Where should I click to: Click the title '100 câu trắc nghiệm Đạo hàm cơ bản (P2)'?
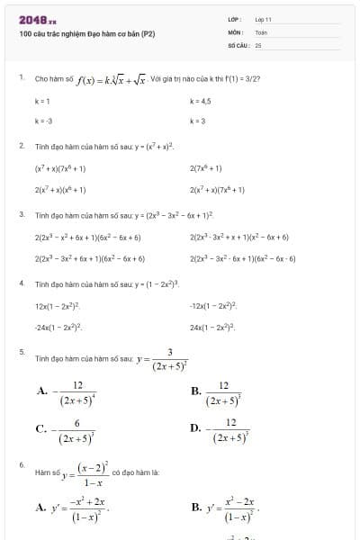[x=86, y=34]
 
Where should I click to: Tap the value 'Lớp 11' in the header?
[x=263, y=18]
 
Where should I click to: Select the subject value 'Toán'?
[x=261, y=31]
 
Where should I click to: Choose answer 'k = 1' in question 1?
[x=42, y=102]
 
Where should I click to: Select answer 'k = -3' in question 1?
[x=43, y=120]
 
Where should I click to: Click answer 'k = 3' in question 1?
[x=198, y=120]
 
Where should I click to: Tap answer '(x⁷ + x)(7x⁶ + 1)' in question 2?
[x=60, y=168]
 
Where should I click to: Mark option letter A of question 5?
[x=41, y=391]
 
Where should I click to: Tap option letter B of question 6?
[x=195, y=508]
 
